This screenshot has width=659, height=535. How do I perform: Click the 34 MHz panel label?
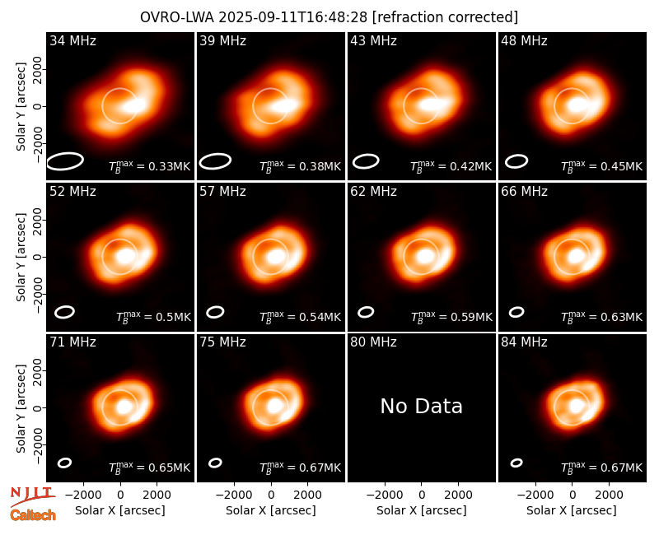point(72,40)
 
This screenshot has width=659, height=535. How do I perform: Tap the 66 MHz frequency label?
point(524,192)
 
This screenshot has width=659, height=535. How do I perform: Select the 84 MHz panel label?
point(524,342)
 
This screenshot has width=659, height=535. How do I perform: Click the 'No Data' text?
point(422,406)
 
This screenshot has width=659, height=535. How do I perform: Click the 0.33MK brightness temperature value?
point(163,167)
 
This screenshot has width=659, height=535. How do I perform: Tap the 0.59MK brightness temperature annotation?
point(465,318)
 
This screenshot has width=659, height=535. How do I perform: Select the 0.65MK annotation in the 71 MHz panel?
point(163,468)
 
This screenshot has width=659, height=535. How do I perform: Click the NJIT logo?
point(32,496)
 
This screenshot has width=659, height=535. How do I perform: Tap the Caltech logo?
point(33,515)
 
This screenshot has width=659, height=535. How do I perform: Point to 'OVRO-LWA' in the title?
point(176,17)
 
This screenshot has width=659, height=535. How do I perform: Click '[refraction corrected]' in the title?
point(445,17)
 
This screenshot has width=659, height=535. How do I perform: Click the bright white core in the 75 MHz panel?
point(275,406)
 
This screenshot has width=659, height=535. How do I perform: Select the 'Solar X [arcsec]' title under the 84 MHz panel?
point(572,510)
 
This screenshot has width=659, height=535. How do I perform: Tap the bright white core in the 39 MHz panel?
point(284,106)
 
